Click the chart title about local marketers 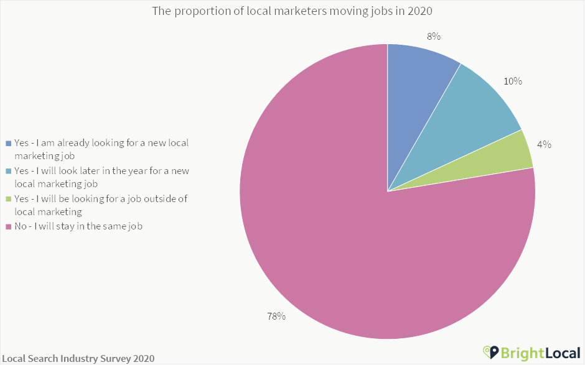tap(292, 11)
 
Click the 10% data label tap(513, 81)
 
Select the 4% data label tap(544, 145)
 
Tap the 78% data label tap(276, 316)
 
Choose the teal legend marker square tap(8, 171)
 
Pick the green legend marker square tap(8, 199)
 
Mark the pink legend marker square tap(8, 227)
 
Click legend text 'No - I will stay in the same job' tap(78, 226)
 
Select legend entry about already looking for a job tap(101, 149)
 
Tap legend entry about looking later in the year tap(101, 177)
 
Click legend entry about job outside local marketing tap(101, 205)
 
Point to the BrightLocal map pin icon tap(493, 353)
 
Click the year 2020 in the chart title tap(418, 11)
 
